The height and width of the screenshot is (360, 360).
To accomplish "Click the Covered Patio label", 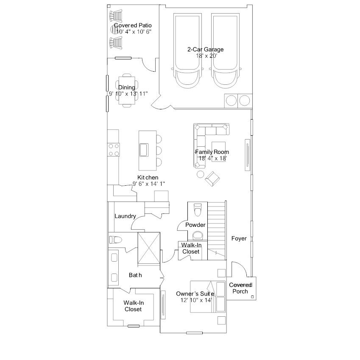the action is tap(133, 25).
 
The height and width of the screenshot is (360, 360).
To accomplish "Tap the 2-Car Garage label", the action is tap(206, 49).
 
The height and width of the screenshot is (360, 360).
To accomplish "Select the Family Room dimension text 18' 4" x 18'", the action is tap(212, 158).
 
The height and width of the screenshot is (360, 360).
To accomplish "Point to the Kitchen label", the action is tap(148, 178).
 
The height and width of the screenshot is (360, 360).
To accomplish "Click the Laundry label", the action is tap(125, 216).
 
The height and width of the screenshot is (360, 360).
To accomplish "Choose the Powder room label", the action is tap(195, 225).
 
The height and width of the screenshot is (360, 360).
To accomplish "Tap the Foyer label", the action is tap(239, 239).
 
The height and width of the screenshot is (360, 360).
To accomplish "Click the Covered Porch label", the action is tap(240, 288).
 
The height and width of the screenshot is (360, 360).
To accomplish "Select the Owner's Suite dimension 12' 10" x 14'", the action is tap(196, 300).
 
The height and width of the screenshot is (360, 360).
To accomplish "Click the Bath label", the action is tap(135, 275).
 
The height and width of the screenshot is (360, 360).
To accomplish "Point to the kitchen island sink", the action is tap(144, 150).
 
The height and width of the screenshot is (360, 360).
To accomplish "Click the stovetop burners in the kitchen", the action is tap(114, 150).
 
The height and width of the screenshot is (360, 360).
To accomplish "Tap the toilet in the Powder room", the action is tap(198, 210).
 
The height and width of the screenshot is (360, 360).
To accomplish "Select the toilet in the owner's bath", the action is tap(115, 240).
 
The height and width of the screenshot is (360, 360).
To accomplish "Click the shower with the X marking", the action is tap(149, 248).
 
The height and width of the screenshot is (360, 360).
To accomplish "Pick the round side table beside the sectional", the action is tap(201, 174).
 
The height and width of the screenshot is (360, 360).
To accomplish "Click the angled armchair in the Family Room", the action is tap(212, 179).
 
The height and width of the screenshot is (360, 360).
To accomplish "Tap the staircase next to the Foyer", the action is tap(217, 231).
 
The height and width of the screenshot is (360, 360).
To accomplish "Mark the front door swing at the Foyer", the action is tap(239, 269).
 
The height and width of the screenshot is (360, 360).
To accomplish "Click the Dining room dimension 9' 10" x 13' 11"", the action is tap(128, 94).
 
